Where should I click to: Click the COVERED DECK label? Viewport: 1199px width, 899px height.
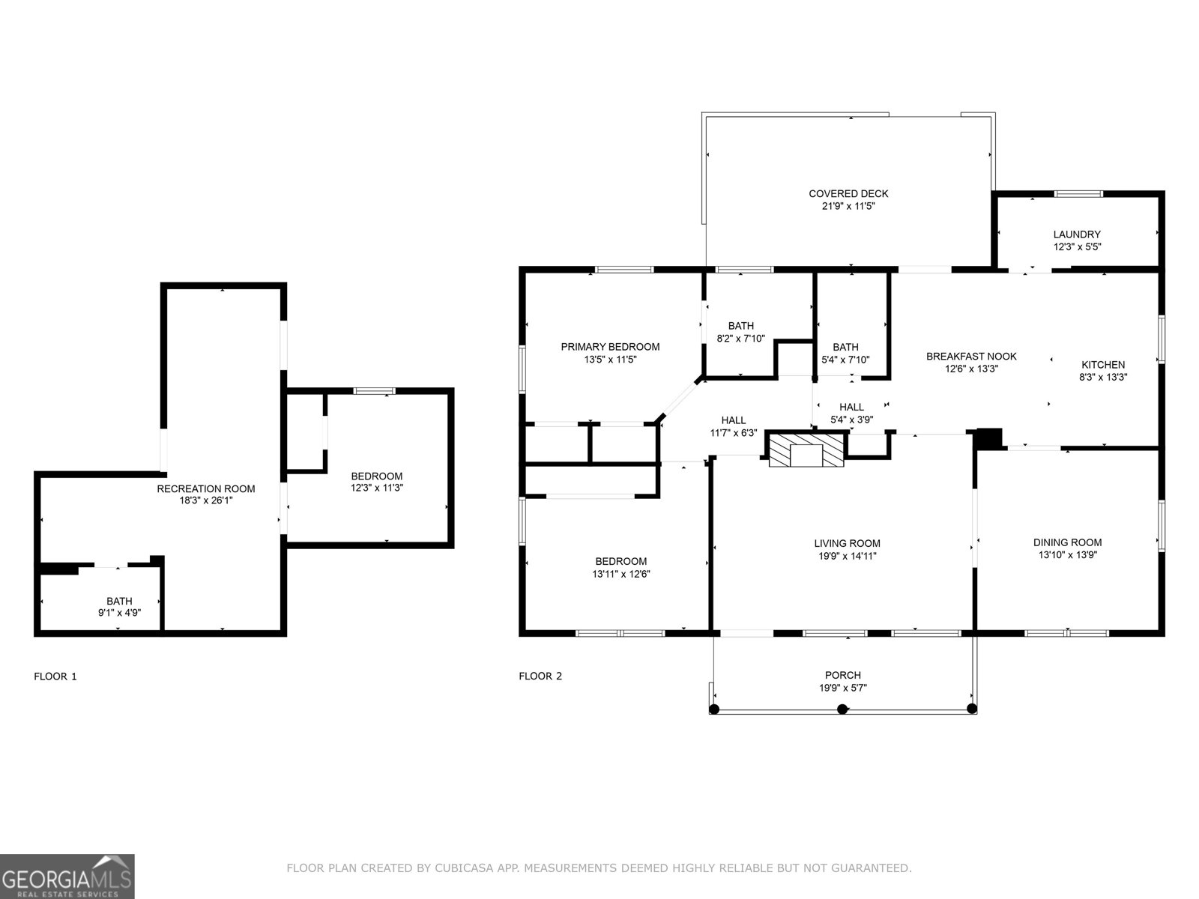pyautogui.click(x=848, y=194)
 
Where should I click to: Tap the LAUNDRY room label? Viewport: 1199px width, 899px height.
pyautogui.click(x=1077, y=234)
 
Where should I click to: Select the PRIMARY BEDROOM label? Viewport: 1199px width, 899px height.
pyautogui.click(x=610, y=347)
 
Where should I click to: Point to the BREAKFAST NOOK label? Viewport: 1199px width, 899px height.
pyautogui.click(x=971, y=357)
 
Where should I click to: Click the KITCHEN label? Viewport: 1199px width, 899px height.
pyautogui.click(x=1103, y=365)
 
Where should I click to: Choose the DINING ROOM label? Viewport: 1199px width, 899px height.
pyautogui.click(x=1067, y=542)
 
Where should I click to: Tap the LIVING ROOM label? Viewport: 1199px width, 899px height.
pyautogui.click(x=847, y=544)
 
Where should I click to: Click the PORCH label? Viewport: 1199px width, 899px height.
pyautogui.click(x=843, y=675)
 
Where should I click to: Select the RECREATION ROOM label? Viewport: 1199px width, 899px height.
pyautogui.click(x=206, y=489)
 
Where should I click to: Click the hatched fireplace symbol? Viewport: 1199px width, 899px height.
pyautogui.click(x=806, y=449)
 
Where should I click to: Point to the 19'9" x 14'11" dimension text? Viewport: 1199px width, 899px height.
pyautogui.click(x=847, y=556)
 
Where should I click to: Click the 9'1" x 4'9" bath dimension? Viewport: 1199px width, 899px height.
pyautogui.click(x=120, y=613)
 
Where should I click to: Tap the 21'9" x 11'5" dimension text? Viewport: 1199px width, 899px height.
pyautogui.click(x=848, y=206)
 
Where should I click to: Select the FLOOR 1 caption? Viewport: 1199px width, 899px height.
pyautogui.click(x=55, y=676)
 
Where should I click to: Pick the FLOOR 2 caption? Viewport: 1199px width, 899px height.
pyautogui.click(x=540, y=676)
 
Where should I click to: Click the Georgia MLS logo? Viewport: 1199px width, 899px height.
pyautogui.click(x=67, y=877)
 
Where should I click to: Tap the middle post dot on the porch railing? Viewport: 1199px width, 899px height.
pyautogui.click(x=842, y=709)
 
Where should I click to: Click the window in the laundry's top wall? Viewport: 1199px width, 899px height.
pyautogui.click(x=1078, y=194)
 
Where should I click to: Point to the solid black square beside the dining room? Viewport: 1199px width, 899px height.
pyautogui.click(x=988, y=438)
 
